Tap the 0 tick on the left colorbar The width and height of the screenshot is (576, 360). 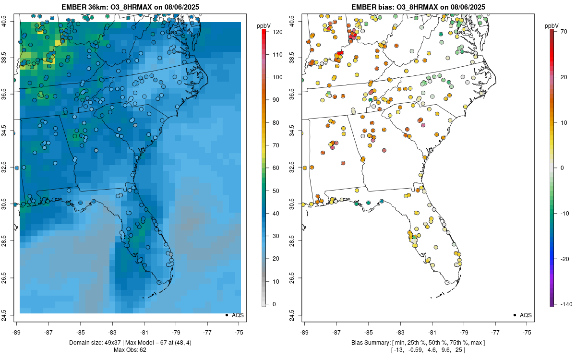pyautogui.click(x=273, y=304)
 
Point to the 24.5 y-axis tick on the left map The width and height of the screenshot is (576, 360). pyautogui.click(x=10, y=315)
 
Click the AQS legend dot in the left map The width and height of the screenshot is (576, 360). pyautogui.click(x=226, y=315)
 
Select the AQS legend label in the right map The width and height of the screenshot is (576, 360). pyautogui.click(x=526, y=315)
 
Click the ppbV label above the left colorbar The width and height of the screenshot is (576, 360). pyautogui.click(x=264, y=25)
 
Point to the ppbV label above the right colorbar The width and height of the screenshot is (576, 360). pyautogui.click(x=552, y=25)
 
